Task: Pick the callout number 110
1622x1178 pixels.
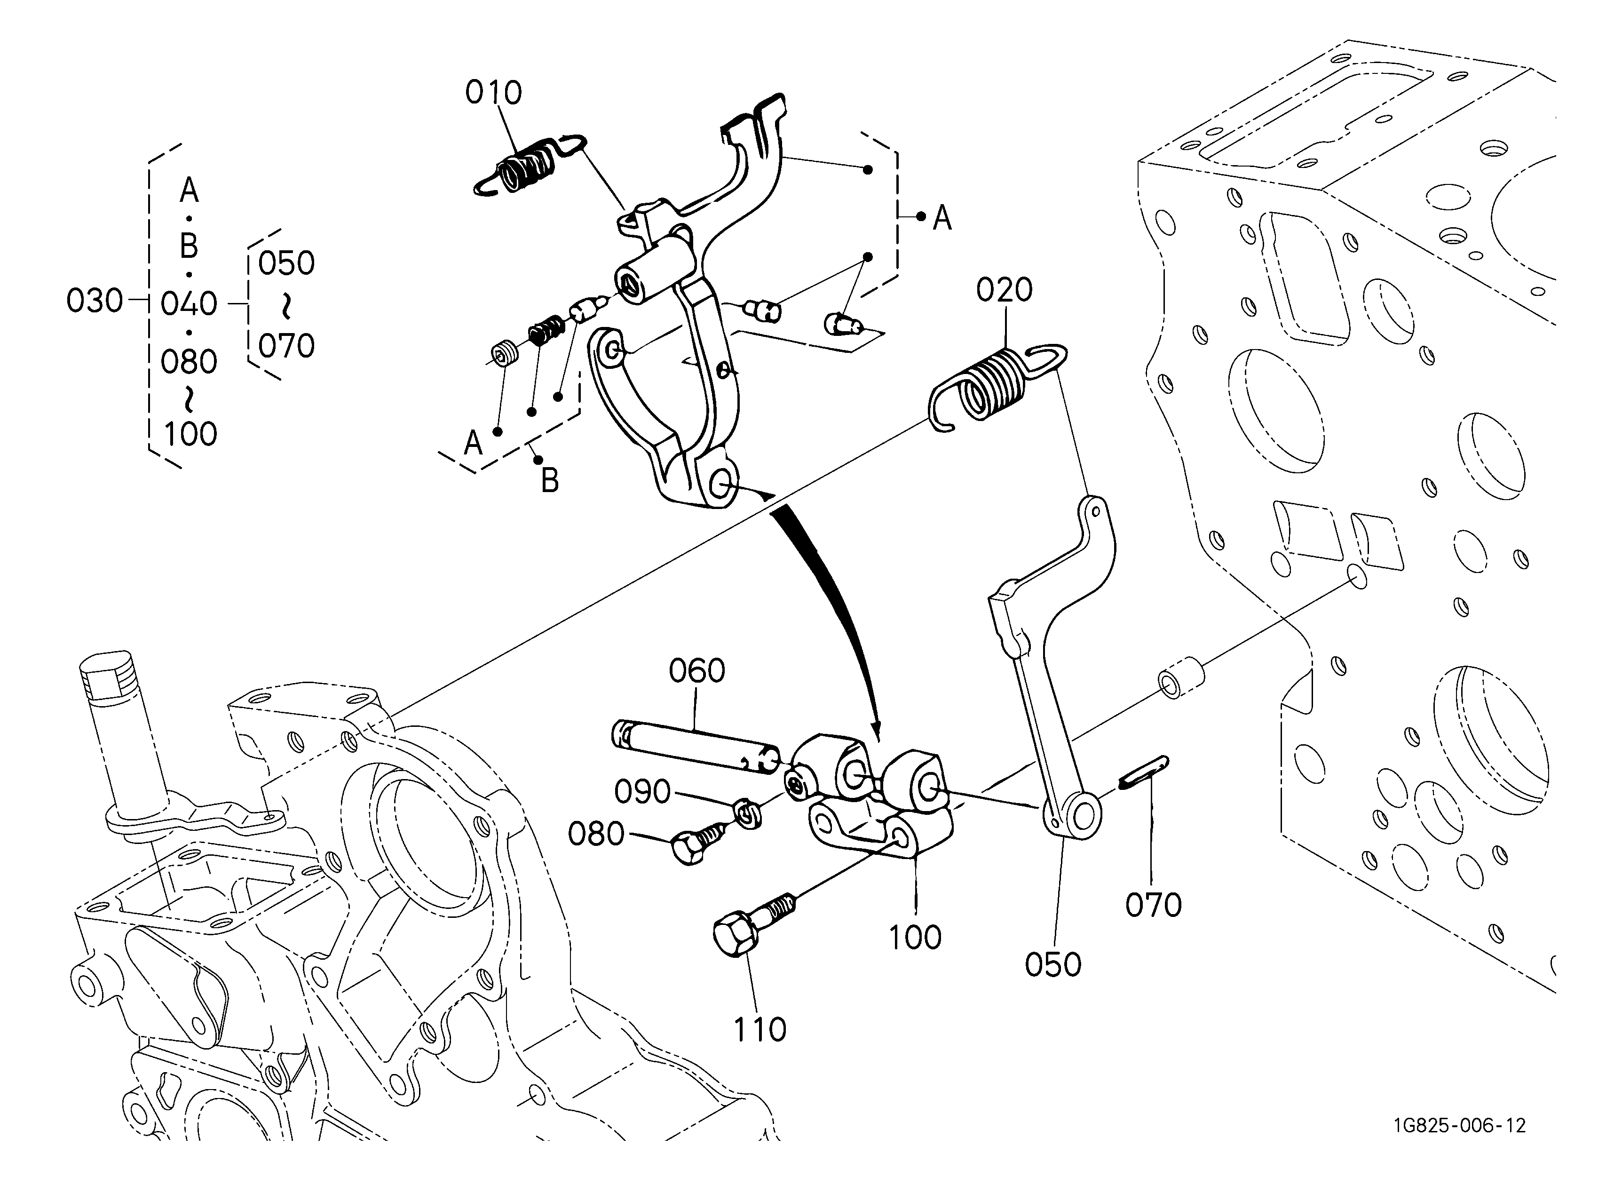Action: [x=760, y=1030]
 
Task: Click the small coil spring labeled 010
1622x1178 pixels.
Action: [x=529, y=165]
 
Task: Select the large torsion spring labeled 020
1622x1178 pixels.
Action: [x=997, y=386]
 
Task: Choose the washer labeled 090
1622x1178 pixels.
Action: [x=747, y=813]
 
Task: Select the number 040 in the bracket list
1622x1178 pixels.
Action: [x=189, y=304]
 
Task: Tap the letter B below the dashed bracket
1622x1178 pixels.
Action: [x=549, y=481]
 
